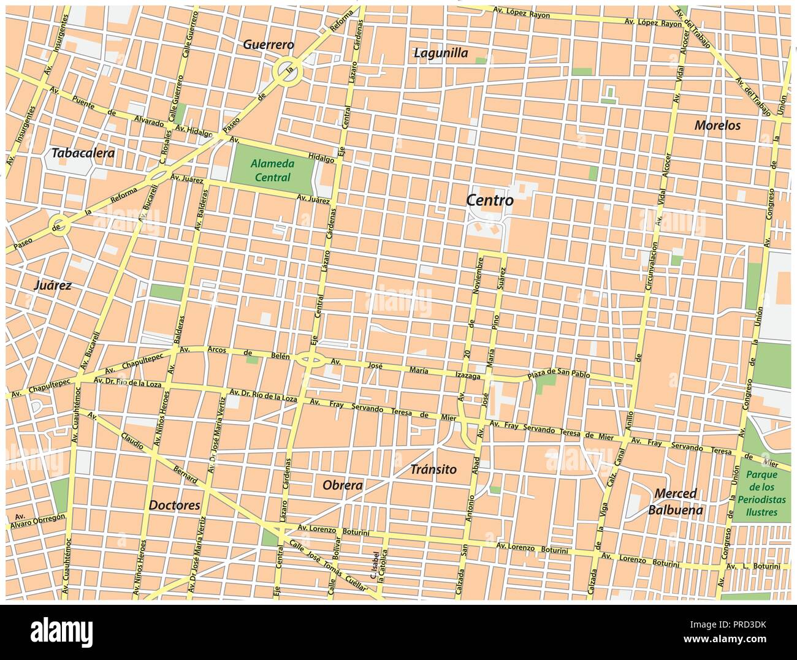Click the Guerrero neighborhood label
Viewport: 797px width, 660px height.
[269, 45]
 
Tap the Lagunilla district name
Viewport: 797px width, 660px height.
[440, 53]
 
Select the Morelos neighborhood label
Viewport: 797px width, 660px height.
[717, 126]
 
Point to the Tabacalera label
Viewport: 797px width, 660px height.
[83, 153]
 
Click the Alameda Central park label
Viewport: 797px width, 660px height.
[272, 170]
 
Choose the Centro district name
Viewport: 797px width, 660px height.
[489, 200]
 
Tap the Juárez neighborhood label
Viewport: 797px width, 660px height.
[53, 285]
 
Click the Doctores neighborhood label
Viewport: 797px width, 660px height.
[174, 506]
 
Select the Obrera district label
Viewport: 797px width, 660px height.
[342, 485]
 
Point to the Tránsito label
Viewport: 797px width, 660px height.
[433, 469]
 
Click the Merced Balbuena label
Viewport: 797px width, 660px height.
[676, 501]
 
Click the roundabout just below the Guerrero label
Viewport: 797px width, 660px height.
[287, 72]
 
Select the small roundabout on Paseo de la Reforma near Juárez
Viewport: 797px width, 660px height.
[59, 226]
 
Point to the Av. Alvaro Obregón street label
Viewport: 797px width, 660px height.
[37, 520]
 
